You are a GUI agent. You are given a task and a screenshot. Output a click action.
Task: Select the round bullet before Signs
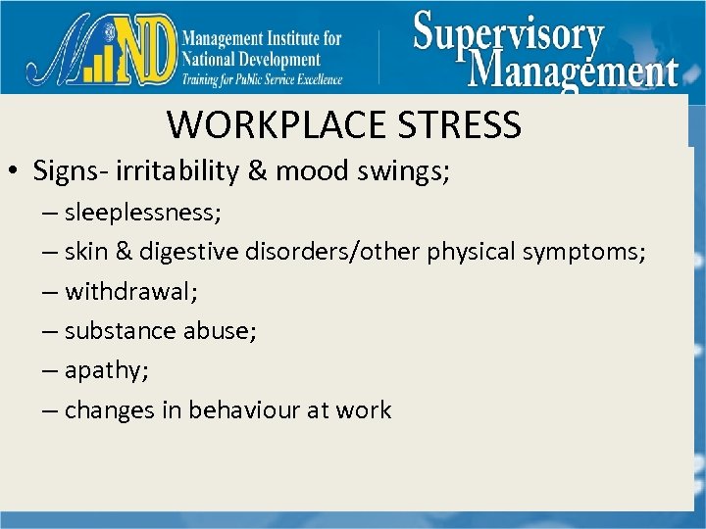tap(17, 172)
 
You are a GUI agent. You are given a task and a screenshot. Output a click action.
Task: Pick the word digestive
tap(187, 252)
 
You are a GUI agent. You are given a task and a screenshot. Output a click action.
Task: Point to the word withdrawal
tap(121, 291)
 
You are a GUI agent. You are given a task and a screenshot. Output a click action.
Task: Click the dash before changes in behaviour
tap(50, 410)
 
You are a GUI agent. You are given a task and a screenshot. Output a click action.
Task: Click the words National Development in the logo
tap(251, 59)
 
